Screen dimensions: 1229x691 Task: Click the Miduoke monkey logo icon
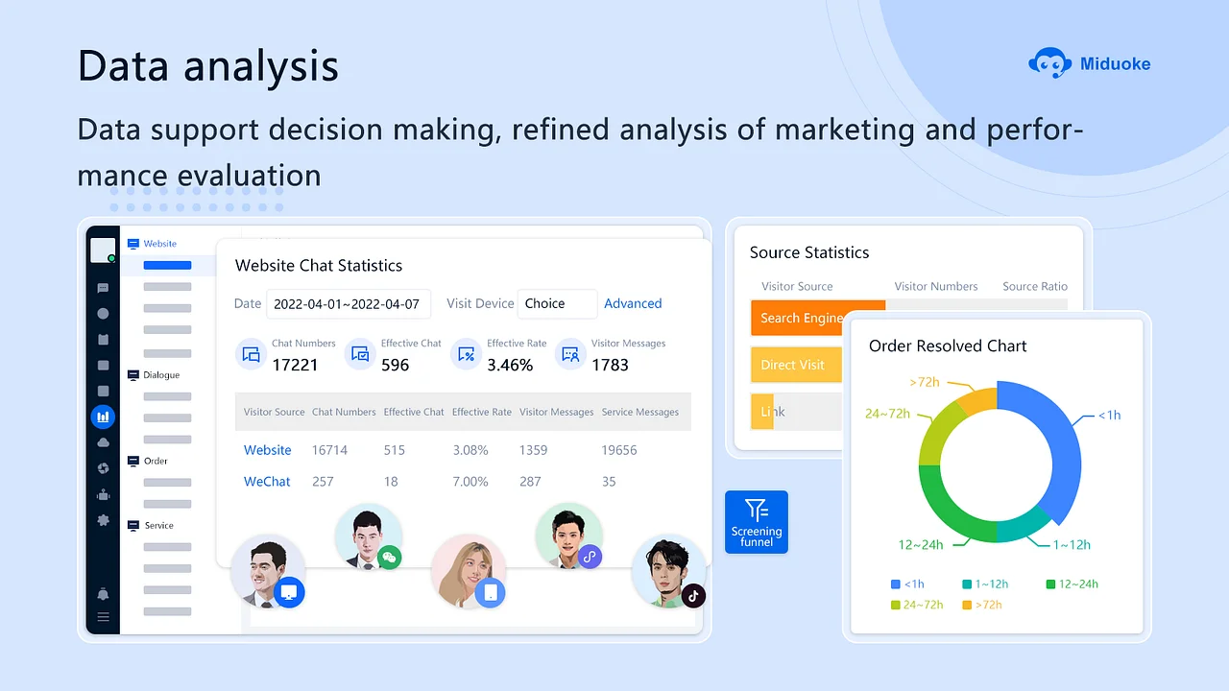[x=1050, y=63]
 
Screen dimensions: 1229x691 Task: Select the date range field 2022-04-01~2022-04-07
[x=349, y=304]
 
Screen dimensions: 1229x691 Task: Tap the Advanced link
[x=633, y=303]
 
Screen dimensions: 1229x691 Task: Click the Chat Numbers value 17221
[x=295, y=365]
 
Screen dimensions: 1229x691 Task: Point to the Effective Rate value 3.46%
[x=510, y=365]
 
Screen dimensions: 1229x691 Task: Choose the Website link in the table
[x=267, y=450]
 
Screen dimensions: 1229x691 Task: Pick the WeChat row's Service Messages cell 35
[x=609, y=482]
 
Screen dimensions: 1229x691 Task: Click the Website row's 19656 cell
[x=619, y=450]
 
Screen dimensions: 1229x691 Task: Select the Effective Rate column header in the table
[x=482, y=412]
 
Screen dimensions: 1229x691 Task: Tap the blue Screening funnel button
[x=756, y=522]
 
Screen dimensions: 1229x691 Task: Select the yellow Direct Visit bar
[x=796, y=365]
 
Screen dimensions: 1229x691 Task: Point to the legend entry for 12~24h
[x=1072, y=584]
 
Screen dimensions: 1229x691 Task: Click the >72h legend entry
[x=982, y=605]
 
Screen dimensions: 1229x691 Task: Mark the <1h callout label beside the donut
[x=1109, y=416]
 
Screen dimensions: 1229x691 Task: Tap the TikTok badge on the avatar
[x=693, y=596]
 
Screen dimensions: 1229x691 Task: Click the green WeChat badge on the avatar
[x=390, y=558]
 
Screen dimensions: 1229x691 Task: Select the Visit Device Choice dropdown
[x=557, y=304]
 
